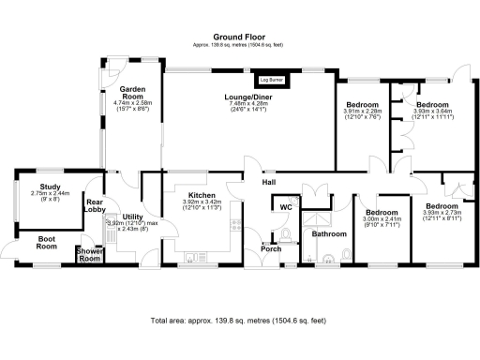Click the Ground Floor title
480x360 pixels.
pyautogui.click(x=239, y=36)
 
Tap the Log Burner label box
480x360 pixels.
pyautogui.click(x=272, y=82)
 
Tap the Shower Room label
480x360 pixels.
pyautogui.click(x=90, y=254)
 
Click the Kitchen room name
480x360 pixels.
pyautogui.click(x=201, y=194)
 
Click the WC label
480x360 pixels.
pyautogui.click(x=285, y=206)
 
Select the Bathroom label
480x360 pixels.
pyautogui.click(x=329, y=233)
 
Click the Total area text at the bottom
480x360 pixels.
pyautogui.click(x=239, y=320)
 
